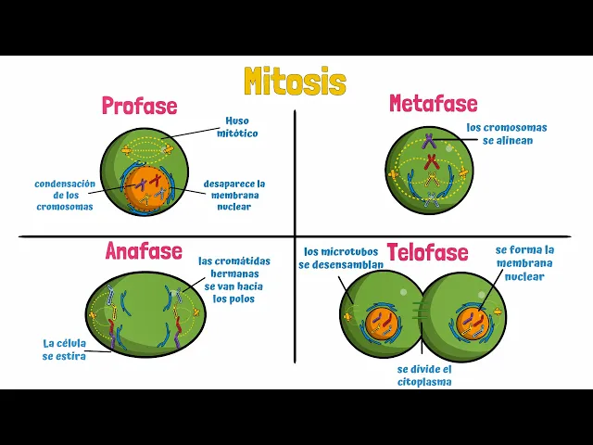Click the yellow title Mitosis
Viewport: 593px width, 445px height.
point(295,82)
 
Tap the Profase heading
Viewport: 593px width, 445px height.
point(139,106)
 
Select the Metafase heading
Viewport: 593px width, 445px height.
point(433,103)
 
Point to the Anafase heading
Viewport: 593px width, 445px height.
point(144,251)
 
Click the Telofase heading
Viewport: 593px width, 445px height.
point(427,252)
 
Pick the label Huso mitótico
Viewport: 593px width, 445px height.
point(237,127)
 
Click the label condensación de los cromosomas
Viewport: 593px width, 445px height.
point(65,195)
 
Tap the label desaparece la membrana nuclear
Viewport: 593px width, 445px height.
point(234,195)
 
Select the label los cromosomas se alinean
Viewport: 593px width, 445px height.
point(506,133)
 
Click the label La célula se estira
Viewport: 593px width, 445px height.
point(64,350)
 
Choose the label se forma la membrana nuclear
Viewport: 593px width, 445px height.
point(524,262)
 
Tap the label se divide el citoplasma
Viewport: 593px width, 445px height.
point(424,375)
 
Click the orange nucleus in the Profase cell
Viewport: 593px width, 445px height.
point(148,186)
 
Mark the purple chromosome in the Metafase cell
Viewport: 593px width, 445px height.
point(430,142)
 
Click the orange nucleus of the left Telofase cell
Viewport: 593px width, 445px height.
point(381,324)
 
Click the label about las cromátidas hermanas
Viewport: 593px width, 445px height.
point(234,280)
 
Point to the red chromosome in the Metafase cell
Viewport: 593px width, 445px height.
point(432,161)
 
